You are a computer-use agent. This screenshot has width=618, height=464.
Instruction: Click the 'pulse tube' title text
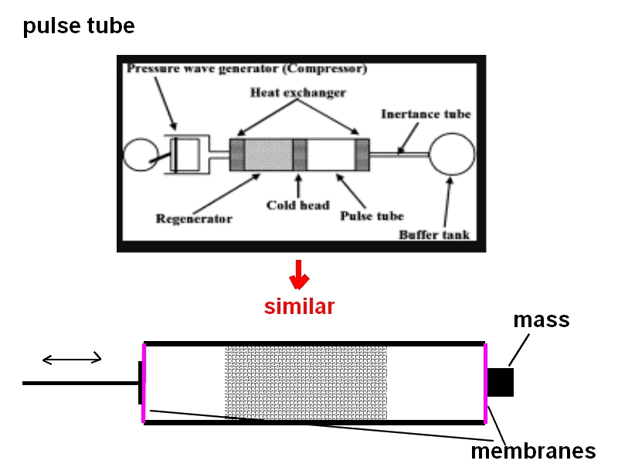click(79, 27)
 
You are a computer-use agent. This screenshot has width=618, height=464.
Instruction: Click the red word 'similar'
click(299, 306)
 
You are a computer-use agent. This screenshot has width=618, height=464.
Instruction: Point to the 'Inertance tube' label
click(426, 114)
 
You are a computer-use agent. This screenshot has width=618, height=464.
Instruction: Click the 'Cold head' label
click(298, 206)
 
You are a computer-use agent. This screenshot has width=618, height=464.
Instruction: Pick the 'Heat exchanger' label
click(298, 92)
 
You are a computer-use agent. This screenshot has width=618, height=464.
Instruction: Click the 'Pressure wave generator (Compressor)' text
click(246, 69)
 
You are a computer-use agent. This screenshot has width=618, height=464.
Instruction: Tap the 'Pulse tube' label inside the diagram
click(372, 216)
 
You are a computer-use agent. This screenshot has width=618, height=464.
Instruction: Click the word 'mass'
click(542, 319)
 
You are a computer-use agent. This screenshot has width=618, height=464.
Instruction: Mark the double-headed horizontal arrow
click(72, 358)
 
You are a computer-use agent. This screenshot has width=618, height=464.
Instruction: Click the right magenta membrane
click(485, 382)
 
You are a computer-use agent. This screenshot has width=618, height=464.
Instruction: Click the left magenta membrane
click(144, 382)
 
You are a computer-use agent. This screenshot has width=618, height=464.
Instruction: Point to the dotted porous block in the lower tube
click(305, 382)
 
